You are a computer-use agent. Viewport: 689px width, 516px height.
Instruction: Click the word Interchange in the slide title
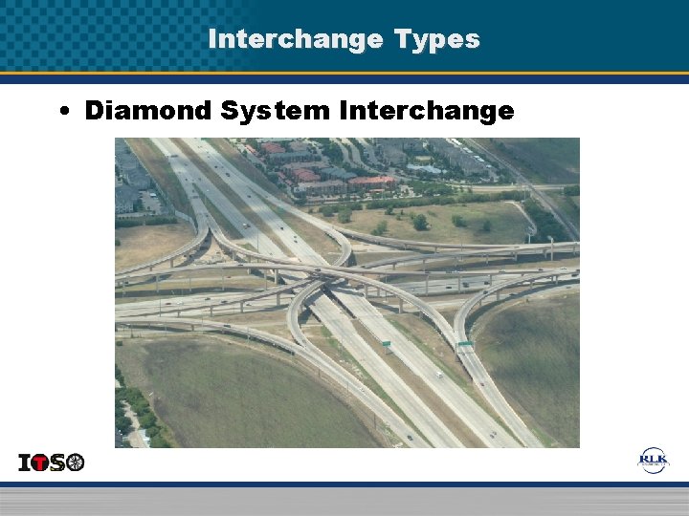[x=294, y=39]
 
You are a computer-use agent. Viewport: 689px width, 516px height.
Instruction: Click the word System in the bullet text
[x=274, y=111]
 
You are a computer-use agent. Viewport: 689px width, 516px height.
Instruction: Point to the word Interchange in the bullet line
[x=426, y=111]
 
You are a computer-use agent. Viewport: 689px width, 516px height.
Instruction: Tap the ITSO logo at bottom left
[x=52, y=462]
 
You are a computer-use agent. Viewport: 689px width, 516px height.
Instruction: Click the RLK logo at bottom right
[x=655, y=461]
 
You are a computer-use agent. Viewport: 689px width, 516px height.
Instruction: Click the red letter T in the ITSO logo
[x=43, y=463]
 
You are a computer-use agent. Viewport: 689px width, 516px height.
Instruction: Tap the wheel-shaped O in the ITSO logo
[x=75, y=463]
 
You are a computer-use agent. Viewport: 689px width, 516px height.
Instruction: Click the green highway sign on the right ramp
[x=465, y=343]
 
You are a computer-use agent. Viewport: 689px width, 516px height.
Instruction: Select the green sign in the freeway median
[x=386, y=341]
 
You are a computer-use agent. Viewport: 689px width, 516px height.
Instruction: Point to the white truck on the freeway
[x=438, y=376]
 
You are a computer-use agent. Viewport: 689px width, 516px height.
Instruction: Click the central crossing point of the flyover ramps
[x=330, y=271]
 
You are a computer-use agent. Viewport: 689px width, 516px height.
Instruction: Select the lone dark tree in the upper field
[x=419, y=222]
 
